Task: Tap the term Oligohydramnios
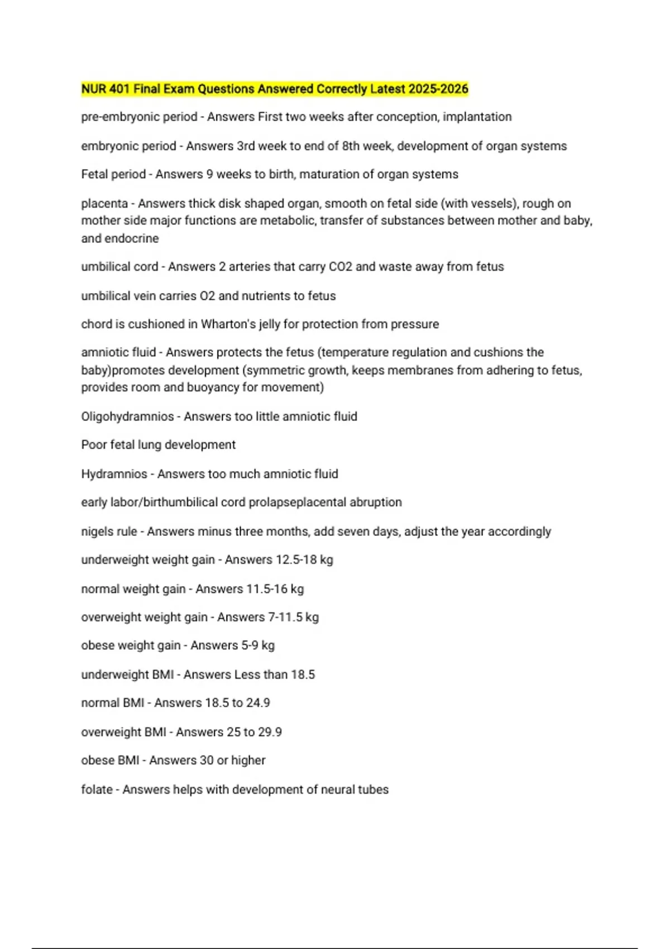click(x=127, y=416)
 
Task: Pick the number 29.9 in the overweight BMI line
click(x=270, y=732)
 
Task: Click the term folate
click(x=97, y=789)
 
